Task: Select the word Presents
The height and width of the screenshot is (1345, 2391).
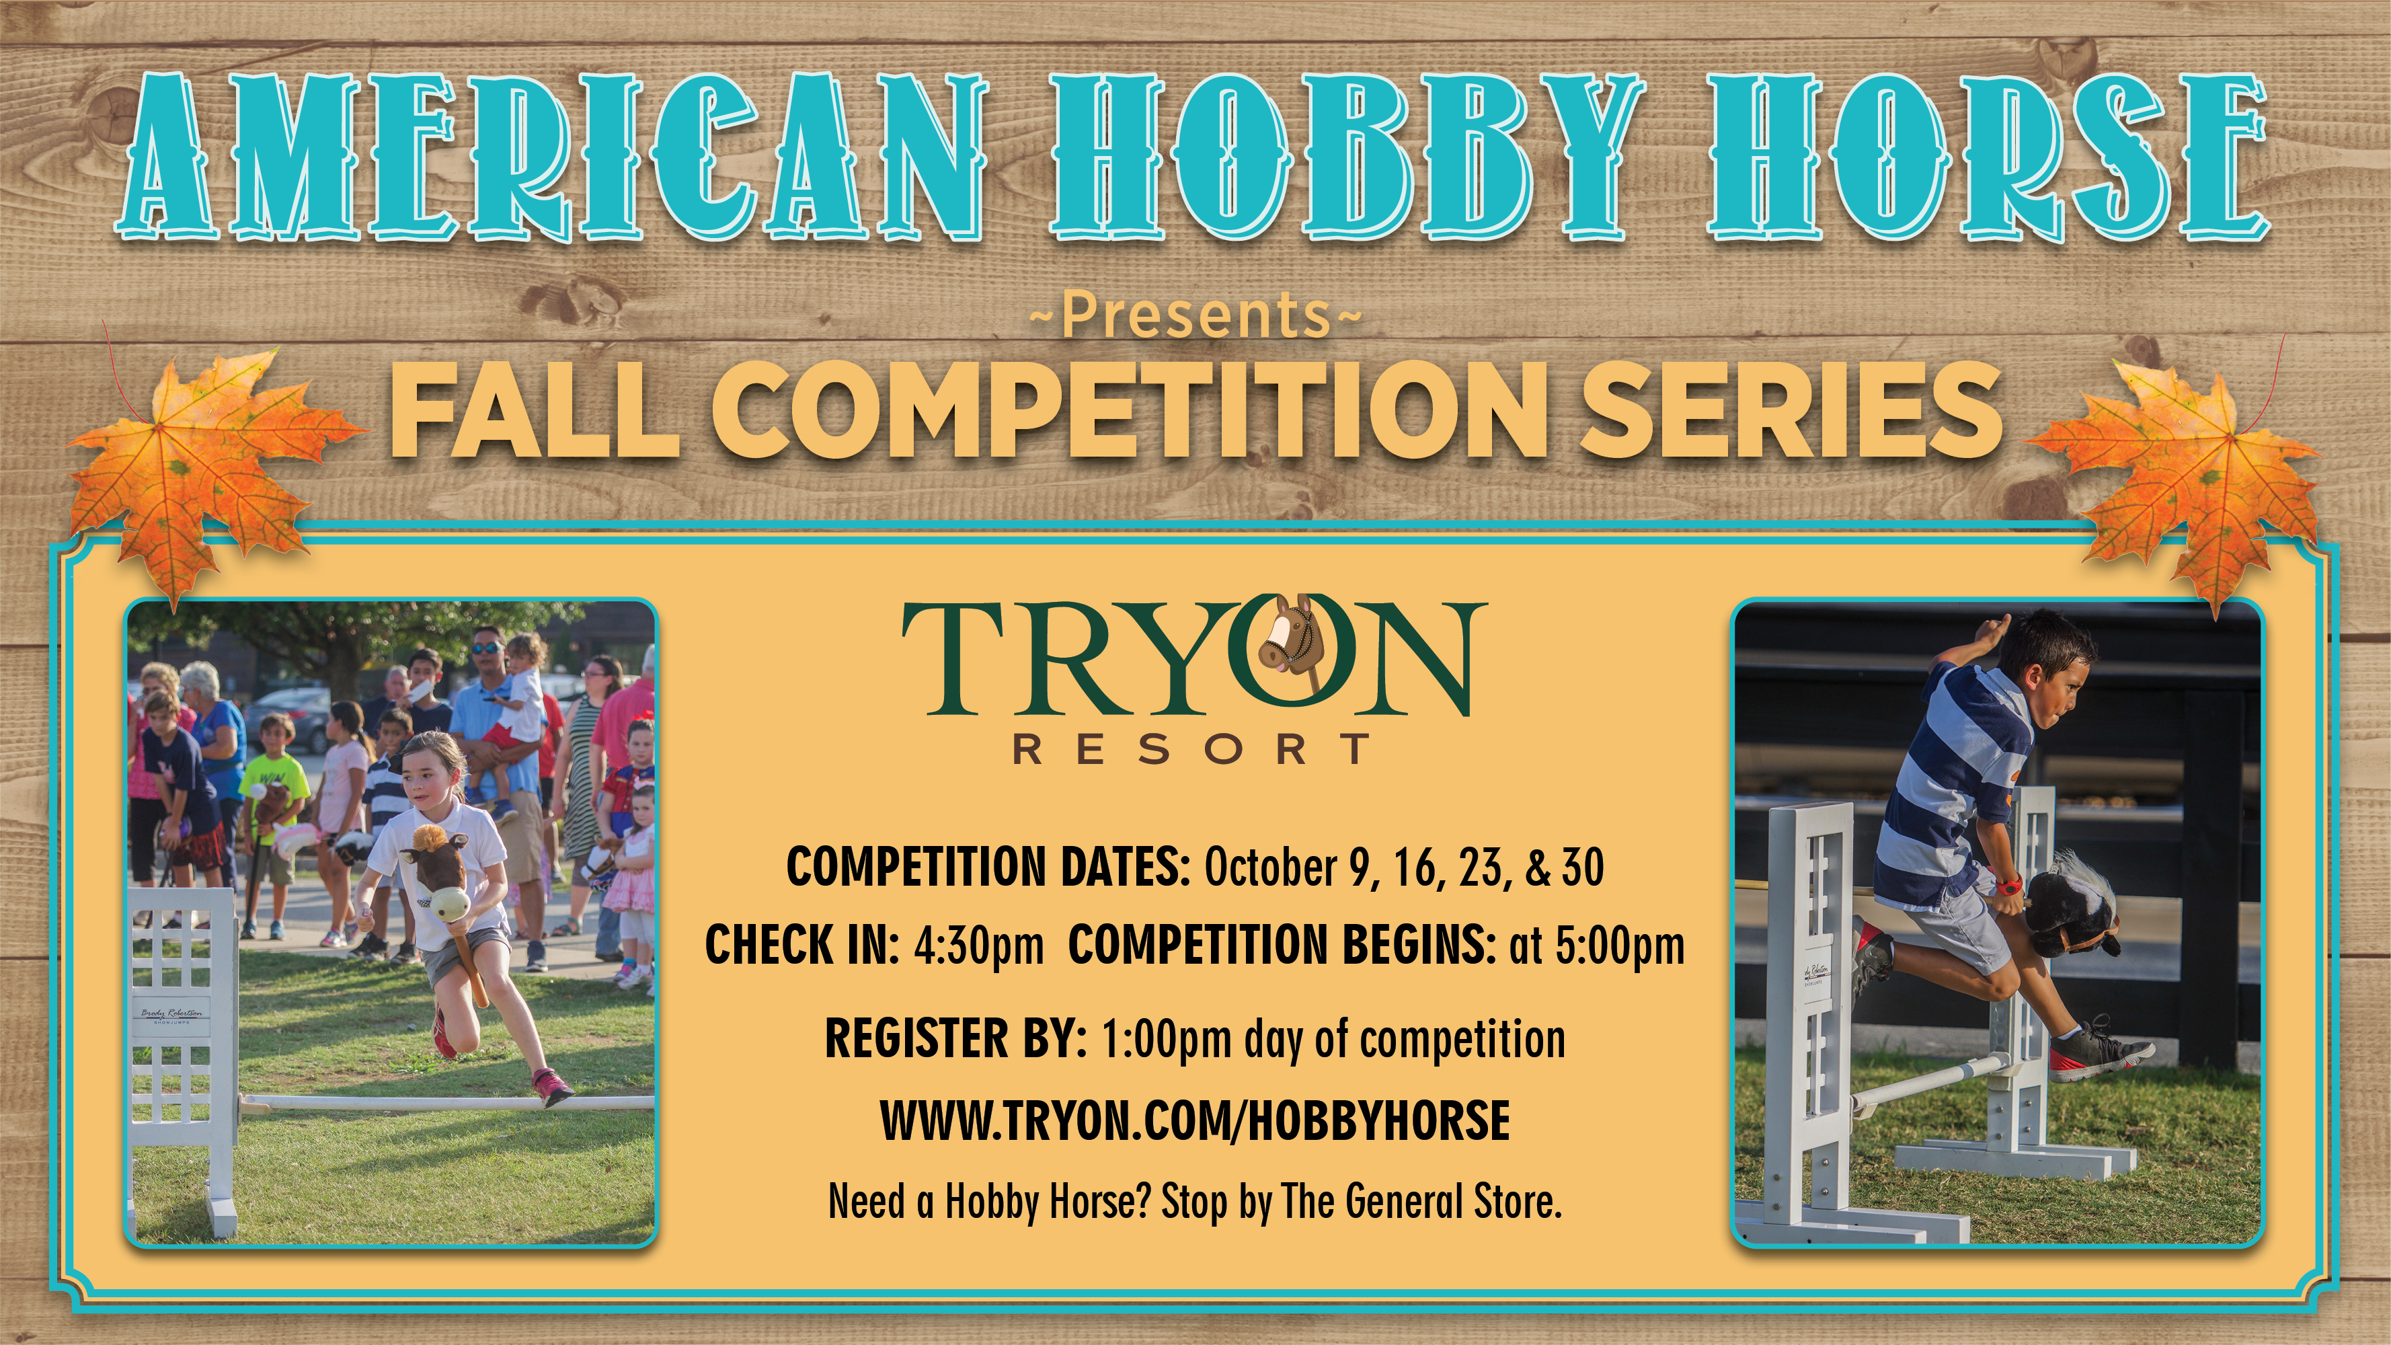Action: click(x=1195, y=315)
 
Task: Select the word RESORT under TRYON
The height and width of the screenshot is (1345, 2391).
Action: click(x=1191, y=748)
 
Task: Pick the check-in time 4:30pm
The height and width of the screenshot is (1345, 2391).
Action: click(x=978, y=944)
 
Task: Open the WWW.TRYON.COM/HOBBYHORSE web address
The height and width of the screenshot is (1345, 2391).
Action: click(x=1195, y=1120)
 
